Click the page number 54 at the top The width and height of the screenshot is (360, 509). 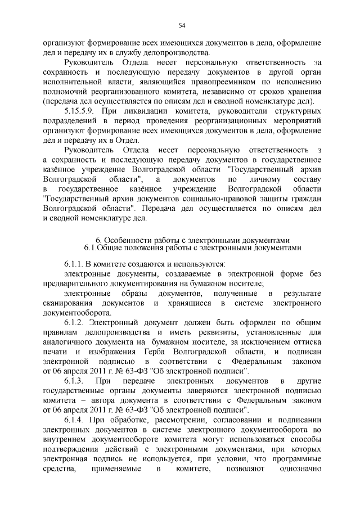[x=182, y=25]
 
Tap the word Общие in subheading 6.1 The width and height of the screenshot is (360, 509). [x=112, y=247]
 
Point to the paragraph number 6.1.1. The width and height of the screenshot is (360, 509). [x=73, y=263]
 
